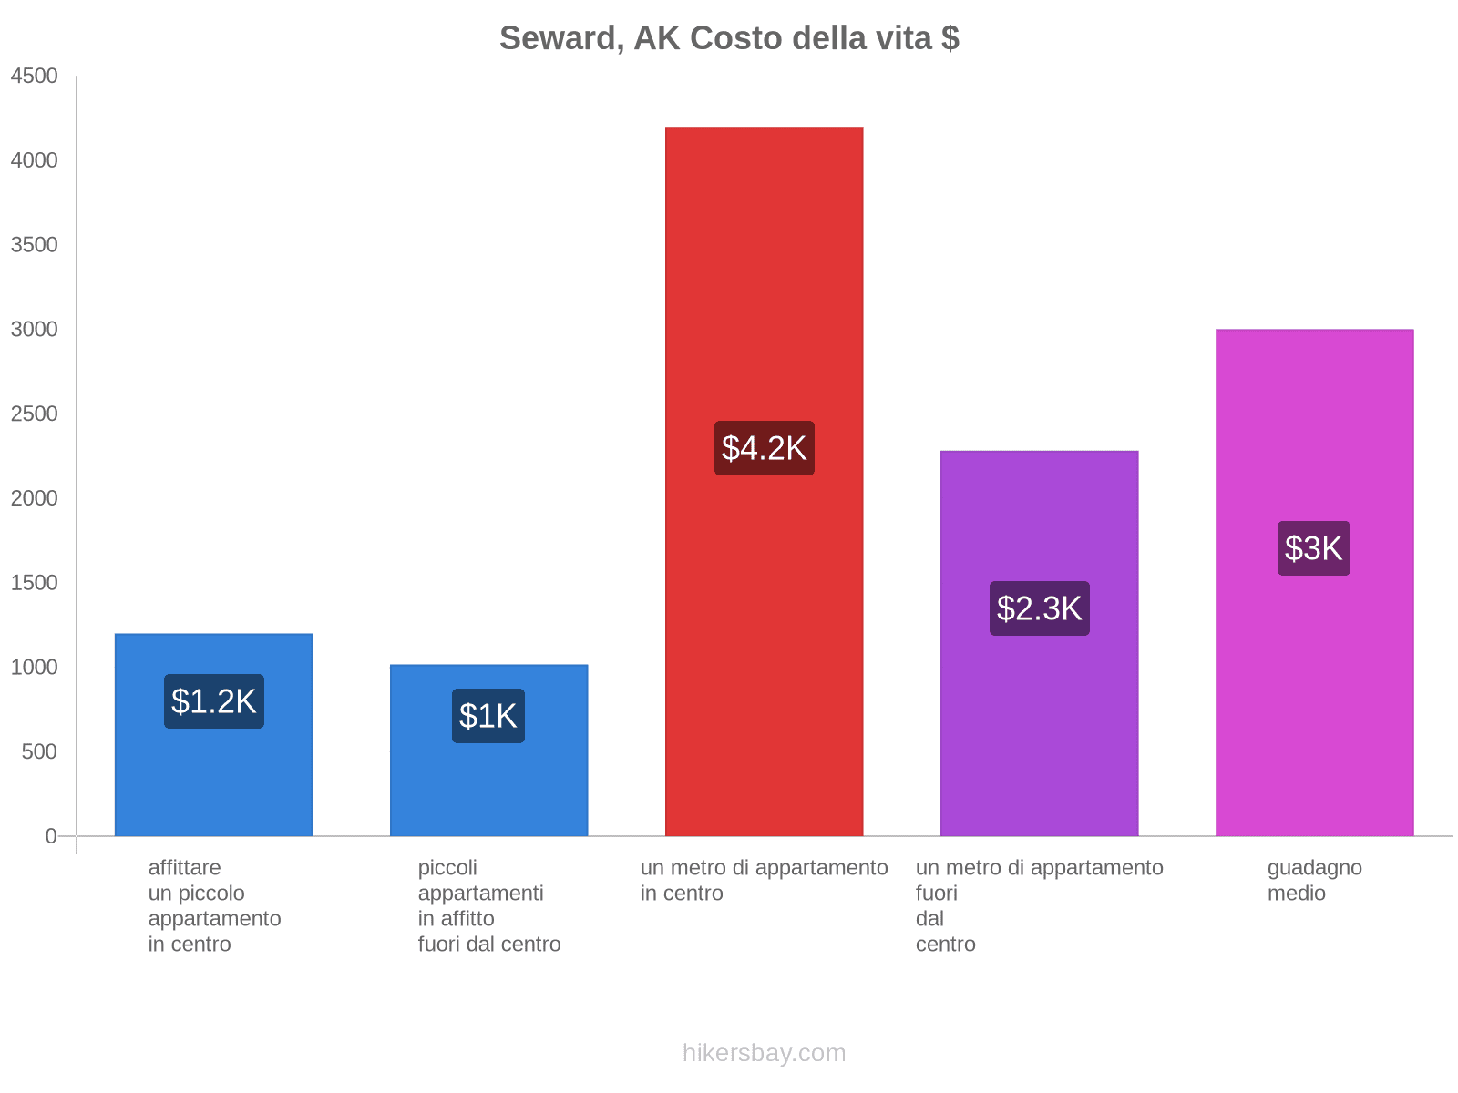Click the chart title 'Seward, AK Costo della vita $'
pos(729,38)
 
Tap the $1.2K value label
pos(214,701)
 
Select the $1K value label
pos(488,716)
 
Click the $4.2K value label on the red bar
pos(764,448)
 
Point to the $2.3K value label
pos(1039,608)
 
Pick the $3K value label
pos(1313,548)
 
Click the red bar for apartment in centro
pos(764,273)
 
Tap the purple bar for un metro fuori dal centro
pos(1039,747)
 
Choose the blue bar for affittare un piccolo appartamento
pos(214,783)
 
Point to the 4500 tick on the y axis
pos(35,77)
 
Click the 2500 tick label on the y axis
pos(35,414)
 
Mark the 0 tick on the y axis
pos(51,836)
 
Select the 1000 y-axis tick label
pos(35,668)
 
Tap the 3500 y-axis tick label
pos(35,245)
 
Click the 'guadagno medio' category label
pos(1314,880)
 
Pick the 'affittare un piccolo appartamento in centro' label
pos(214,905)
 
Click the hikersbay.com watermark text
pos(764,1053)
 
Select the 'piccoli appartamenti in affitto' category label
pos(488,905)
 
